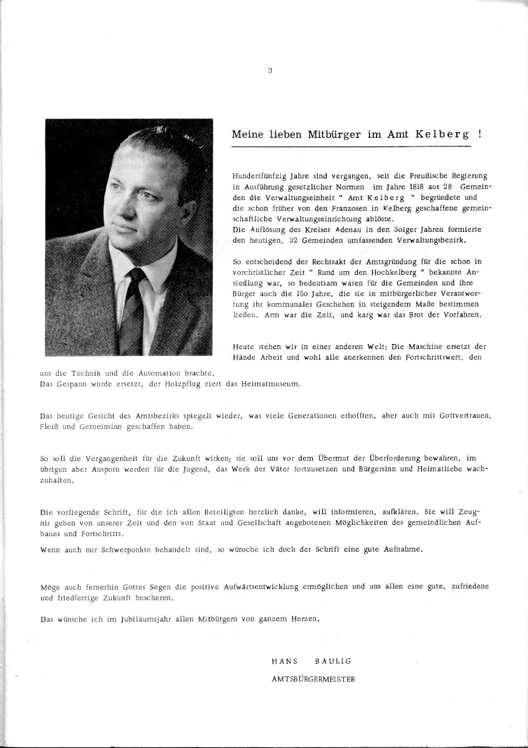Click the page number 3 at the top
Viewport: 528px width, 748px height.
tap(269, 70)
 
